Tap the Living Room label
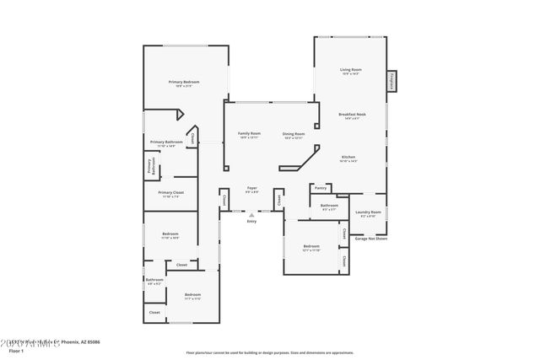[x=350, y=70]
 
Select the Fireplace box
[x=391, y=81]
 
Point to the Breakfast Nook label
[x=351, y=114]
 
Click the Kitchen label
[x=348, y=157]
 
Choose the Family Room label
[x=249, y=133]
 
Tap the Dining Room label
[x=294, y=133]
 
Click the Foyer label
[x=251, y=187]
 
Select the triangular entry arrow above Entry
[x=251, y=215]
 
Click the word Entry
[x=251, y=222]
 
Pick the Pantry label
[x=320, y=188]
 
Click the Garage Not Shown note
[x=371, y=239]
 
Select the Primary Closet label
[x=170, y=192]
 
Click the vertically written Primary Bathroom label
[x=150, y=167]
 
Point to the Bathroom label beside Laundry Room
[x=329, y=206]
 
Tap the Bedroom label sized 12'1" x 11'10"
[x=312, y=246]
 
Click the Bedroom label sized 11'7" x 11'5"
[x=192, y=294]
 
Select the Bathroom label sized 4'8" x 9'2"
[x=154, y=280]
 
